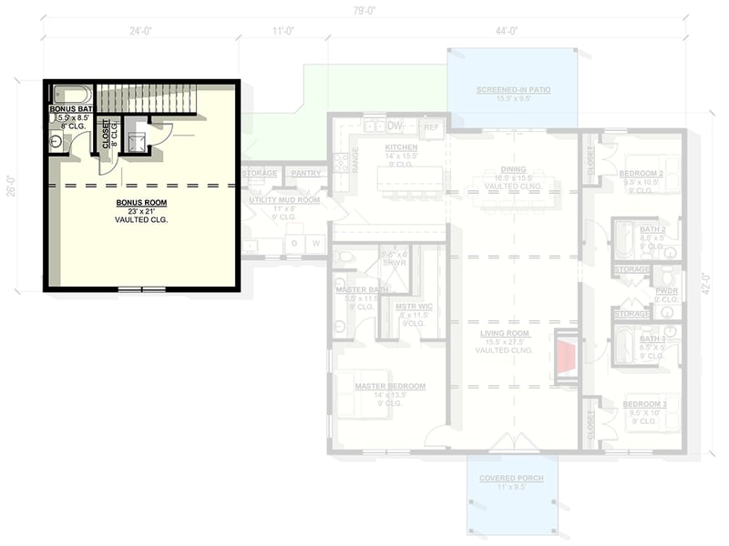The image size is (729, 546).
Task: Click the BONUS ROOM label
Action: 141,201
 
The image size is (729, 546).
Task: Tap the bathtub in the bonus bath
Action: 71,95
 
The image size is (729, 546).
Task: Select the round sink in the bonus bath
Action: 56,141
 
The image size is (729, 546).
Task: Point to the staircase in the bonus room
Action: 146,97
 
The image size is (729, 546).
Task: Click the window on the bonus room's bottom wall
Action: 142,289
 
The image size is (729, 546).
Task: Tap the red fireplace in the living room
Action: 566,355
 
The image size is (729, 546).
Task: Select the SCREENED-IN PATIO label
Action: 512,90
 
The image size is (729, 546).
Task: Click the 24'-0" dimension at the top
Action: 139,31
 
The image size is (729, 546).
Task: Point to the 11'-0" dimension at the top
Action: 282,31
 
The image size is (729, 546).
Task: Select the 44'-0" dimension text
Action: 507,31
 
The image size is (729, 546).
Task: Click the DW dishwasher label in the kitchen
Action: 395,126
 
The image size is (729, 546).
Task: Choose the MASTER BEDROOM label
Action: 390,386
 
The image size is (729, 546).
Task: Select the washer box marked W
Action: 316,244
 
